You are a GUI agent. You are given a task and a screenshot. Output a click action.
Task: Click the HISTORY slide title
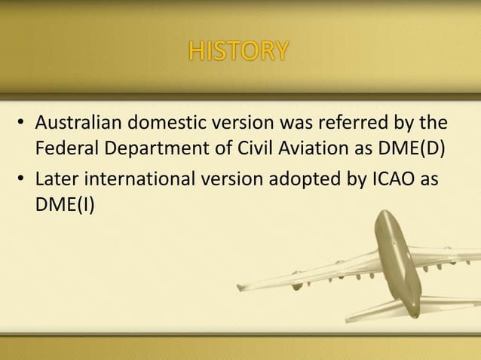coord(237,51)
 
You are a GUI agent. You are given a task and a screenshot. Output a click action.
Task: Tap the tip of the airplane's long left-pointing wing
coord(239,287)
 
